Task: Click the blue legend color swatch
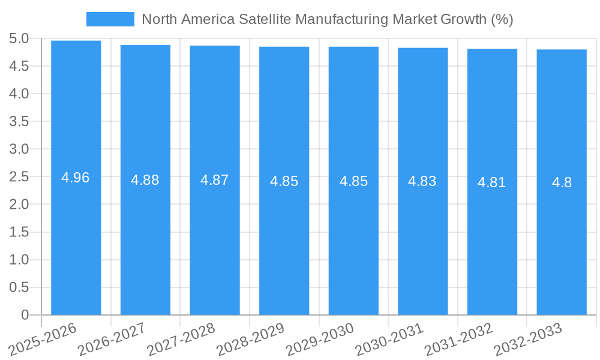click(110, 19)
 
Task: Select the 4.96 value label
click(76, 178)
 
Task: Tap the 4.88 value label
click(145, 180)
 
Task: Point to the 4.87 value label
click(215, 180)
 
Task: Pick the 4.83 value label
click(422, 181)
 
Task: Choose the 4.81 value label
click(492, 182)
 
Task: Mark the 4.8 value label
click(562, 182)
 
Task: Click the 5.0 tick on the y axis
click(19, 38)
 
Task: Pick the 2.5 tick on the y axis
click(19, 177)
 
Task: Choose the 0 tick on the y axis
click(25, 315)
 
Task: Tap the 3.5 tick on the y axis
click(19, 122)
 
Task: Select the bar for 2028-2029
click(284, 240)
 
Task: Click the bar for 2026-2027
click(145, 240)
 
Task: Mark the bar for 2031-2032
click(492, 240)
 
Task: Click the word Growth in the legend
click(463, 19)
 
